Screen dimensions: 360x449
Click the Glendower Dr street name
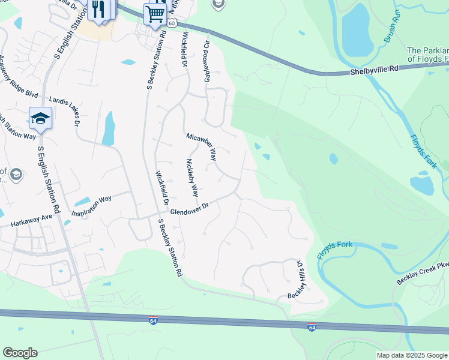188,209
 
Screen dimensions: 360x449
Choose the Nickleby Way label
192,178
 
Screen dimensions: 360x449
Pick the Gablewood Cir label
207,61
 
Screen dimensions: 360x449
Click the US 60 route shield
172,23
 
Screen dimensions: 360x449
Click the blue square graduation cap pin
40,118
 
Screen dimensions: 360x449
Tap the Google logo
20,353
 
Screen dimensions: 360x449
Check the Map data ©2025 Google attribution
412,355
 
